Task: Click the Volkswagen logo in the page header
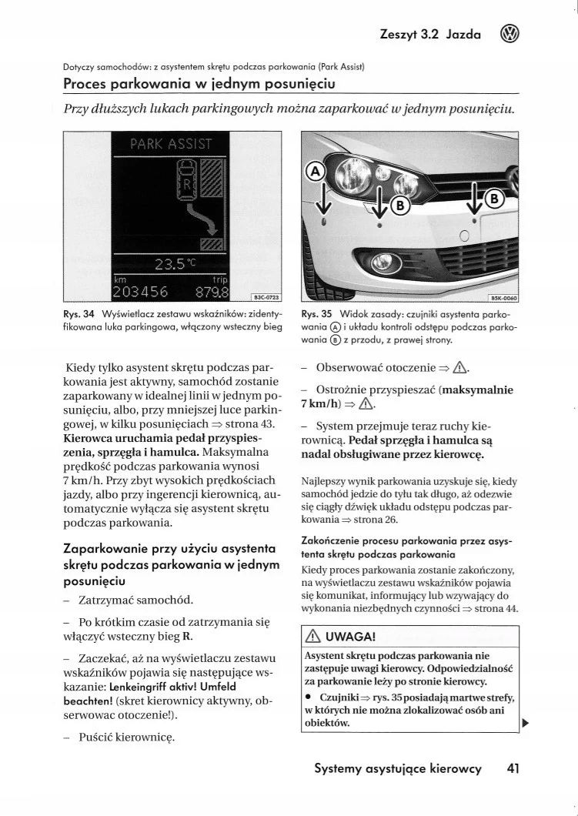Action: [x=510, y=34]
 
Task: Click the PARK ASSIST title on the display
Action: [x=171, y=143]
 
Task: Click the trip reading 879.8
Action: [x=212, y=292]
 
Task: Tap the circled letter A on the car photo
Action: [x=316, y=171]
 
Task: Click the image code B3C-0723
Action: [x=266, y=296]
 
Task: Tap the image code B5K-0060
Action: [x=505, y=296]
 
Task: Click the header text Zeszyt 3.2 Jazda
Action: [x=430, y=35]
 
